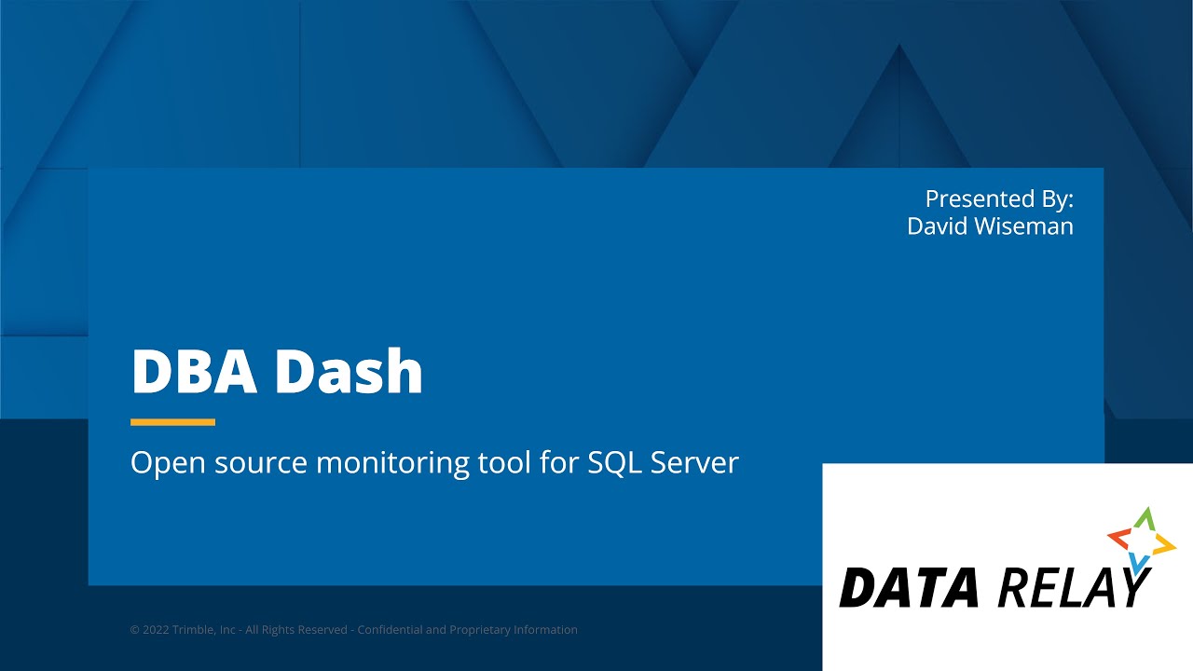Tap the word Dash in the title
[349, 371]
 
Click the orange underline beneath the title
[172, 422]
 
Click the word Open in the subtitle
[158, 463]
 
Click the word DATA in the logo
[909, 588]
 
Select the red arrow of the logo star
[1118, 538]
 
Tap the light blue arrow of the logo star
[1138, 562]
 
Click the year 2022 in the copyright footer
[158, 630]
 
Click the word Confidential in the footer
[390, 630]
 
